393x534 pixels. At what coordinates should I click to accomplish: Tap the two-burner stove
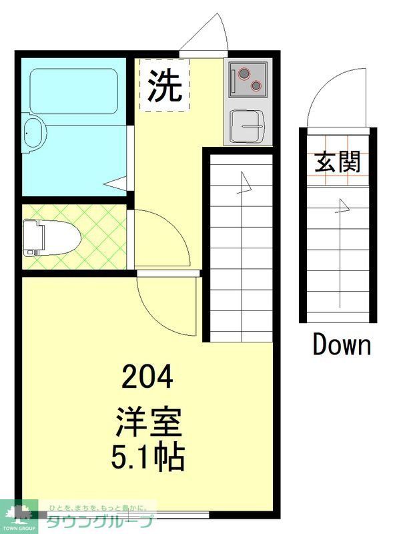(248, 79)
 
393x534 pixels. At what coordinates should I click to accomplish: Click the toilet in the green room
(51, 238)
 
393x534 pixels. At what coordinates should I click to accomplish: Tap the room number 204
(147, 379)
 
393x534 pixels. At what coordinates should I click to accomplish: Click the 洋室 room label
(148, 423)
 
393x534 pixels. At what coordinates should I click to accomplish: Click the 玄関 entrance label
(338, 161)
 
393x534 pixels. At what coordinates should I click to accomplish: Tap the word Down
(342, 345)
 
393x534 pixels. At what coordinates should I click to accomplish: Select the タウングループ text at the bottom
(100, 521)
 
